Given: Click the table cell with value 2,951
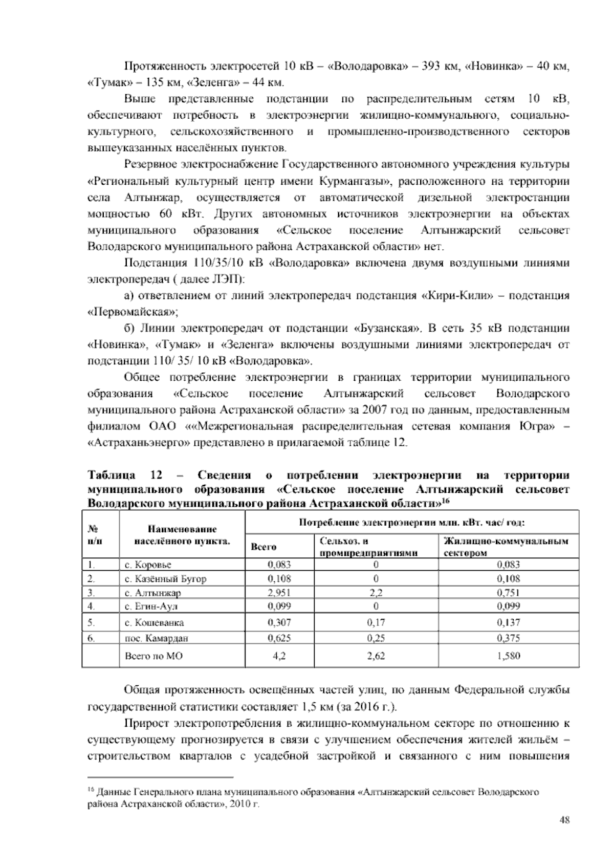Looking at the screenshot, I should pyautogui.click(x=279, y=593).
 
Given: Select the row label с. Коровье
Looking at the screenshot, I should pyautogui.click(x=148, y=565).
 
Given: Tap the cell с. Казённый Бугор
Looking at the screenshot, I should pyautogui.click(x=165, y=579).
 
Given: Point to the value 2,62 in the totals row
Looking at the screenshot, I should pyautogui.click(x=376, y=656).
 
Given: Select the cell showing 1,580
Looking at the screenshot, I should pyautogui.click(x=509, y=656).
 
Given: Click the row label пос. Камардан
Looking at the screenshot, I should pyautogui.click(x=157, y=638).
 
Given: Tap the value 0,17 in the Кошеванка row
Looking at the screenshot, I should pyautogui.click(x=376, y=622).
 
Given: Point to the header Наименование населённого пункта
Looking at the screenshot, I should pyautogui.click(x=182, y=534).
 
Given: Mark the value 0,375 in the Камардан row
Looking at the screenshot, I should pyautogui.click(x=509, y=638).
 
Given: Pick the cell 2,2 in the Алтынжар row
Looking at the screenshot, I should pyautogui.click(x=376, y=593).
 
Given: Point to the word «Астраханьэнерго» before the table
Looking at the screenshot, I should pyautogui.click(x=139, y=443).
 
